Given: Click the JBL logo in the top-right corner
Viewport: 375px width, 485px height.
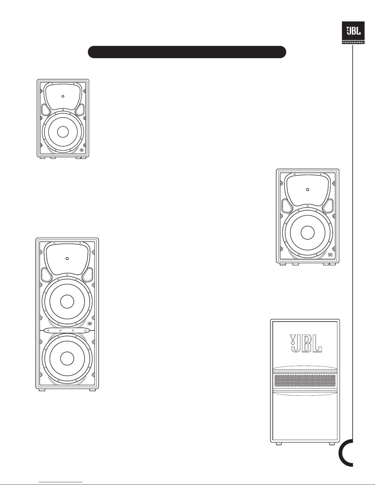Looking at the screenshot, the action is pos(353,31).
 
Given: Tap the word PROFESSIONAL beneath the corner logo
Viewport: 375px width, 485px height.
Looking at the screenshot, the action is pos(353,43).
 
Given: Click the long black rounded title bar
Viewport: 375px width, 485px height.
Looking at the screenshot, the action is pos(187,52).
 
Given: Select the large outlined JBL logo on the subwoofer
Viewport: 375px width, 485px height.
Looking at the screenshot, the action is pos(306,344).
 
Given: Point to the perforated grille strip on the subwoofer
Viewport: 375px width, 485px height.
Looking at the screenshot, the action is pos(305,381).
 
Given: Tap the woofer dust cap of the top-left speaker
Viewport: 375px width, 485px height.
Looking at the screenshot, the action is pos(63,132).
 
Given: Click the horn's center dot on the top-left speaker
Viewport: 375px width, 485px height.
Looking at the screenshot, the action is pos(63,96).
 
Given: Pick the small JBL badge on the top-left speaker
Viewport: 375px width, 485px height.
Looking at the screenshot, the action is pos(81,150).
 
